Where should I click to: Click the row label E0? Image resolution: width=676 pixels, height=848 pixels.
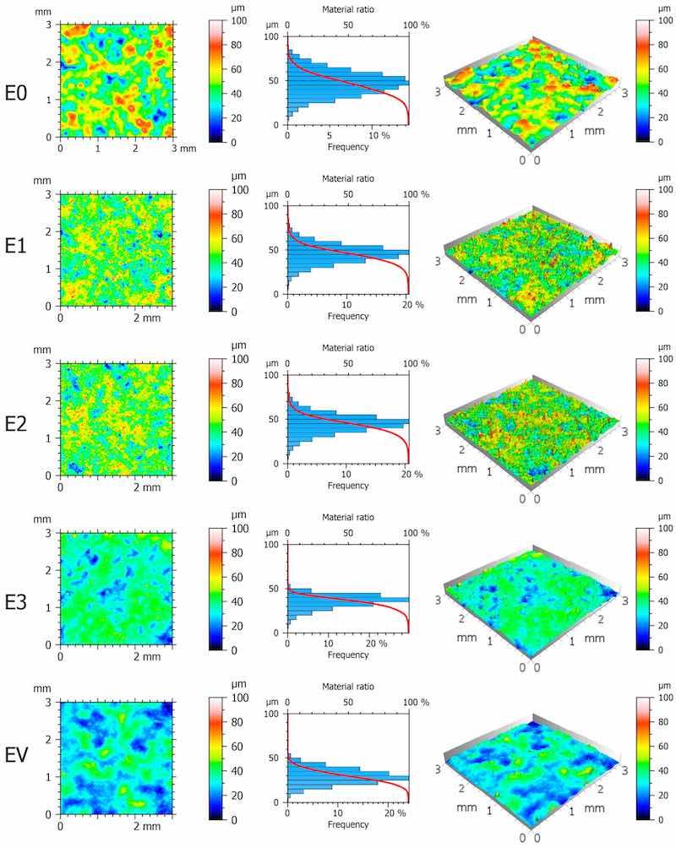19,94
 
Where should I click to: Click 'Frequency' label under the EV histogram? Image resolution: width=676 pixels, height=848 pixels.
348,824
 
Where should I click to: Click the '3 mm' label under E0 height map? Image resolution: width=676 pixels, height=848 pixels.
184,148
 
